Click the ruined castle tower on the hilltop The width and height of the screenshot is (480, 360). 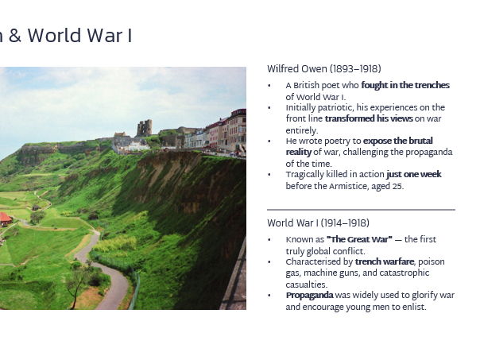click(144, 127)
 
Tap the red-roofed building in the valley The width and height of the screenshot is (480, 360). click(4, 218)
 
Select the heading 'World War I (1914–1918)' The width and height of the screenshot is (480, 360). click(318, 223)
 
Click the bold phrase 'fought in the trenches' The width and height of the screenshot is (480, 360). click(405, 85)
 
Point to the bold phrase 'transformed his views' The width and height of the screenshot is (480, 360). click(369, 119)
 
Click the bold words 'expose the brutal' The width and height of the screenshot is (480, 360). click(398, 141)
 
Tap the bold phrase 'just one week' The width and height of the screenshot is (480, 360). click(413, 175)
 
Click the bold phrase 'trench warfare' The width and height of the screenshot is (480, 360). click(385, 261)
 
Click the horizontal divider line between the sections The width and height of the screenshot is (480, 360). click(361, 210)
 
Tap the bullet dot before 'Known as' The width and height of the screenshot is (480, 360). click(269, 240)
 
